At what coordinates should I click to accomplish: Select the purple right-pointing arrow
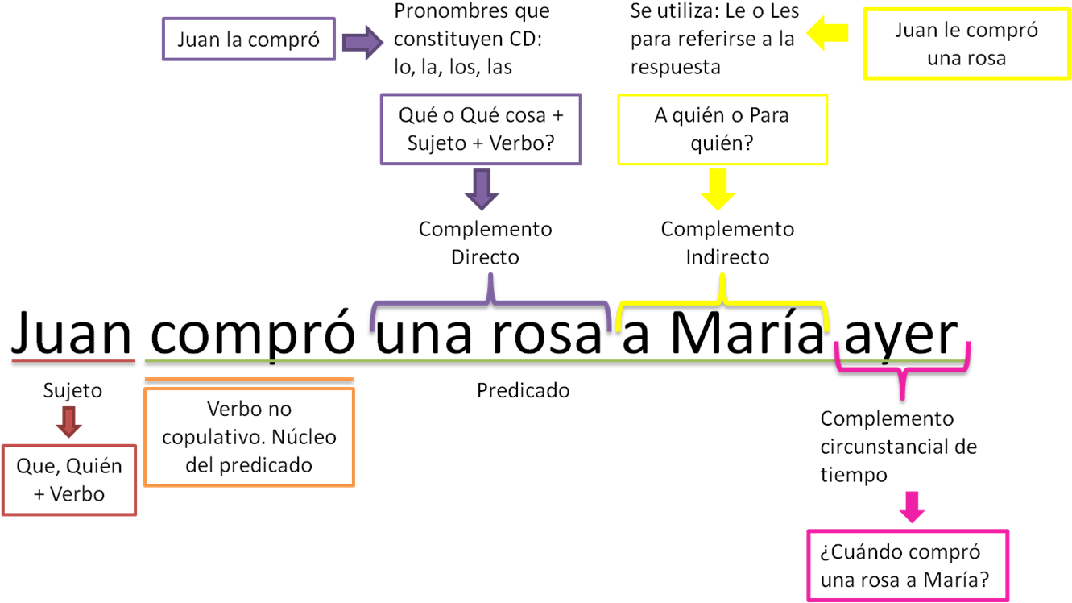pos(362,42)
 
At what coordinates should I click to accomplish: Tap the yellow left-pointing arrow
pos(827,33)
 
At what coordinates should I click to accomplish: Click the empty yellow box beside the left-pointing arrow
pos(966,44)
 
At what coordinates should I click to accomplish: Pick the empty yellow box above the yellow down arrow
pos(722,130)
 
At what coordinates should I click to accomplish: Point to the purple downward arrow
pos(482,189)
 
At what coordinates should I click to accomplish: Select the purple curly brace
pos(490,303)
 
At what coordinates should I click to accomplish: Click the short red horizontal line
pos(73,360)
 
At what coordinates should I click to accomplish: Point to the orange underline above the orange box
pos(248,379)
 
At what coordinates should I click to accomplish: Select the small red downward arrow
pos(68,422)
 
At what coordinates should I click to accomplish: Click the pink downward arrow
pos(911,506)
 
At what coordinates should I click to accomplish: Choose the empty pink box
pos(908,565)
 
